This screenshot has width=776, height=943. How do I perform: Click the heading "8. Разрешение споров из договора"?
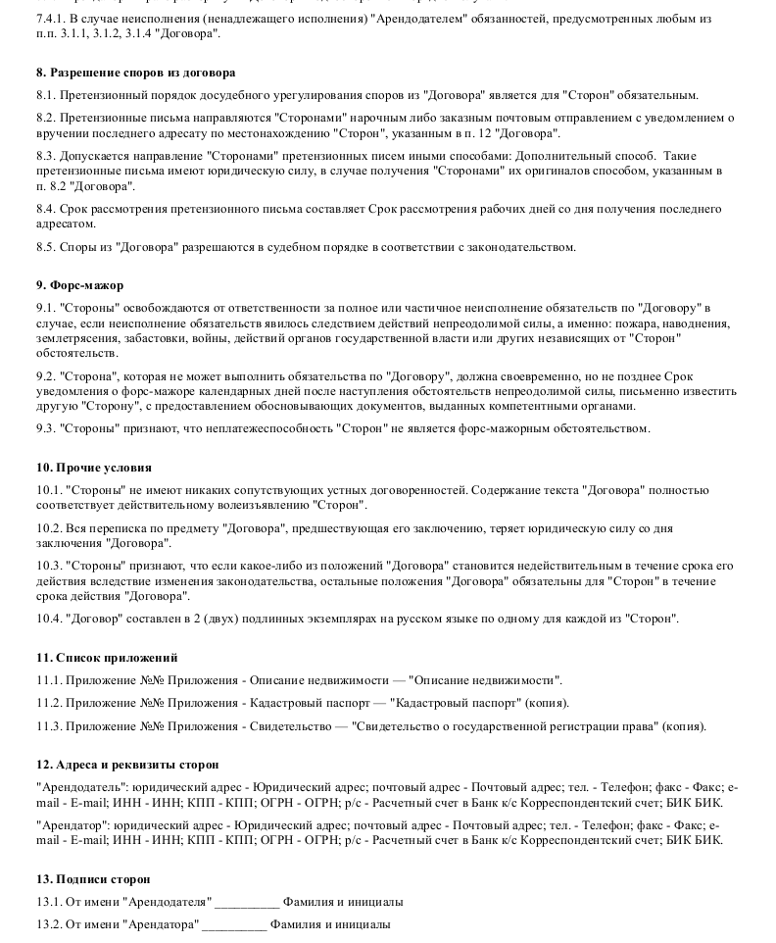[135, 73]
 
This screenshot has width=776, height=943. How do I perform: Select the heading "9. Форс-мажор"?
[79, 285]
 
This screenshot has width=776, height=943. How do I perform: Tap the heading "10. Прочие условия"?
[93, 468]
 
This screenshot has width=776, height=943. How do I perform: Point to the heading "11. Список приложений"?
[107, 658]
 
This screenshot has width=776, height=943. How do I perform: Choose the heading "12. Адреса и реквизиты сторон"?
[127, 765]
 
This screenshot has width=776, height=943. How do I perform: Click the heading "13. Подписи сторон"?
[93, 880]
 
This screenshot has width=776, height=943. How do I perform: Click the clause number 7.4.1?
[50, 19]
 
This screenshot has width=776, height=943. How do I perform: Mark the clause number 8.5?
[45, 247]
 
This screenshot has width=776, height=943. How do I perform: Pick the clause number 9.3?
[45, 428]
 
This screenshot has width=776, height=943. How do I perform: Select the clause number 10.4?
[48, 619]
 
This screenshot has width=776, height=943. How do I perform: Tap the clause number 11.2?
[48, 703]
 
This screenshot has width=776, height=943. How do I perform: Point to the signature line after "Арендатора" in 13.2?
[234, 924]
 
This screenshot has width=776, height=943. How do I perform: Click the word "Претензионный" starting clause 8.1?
[103, 95]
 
